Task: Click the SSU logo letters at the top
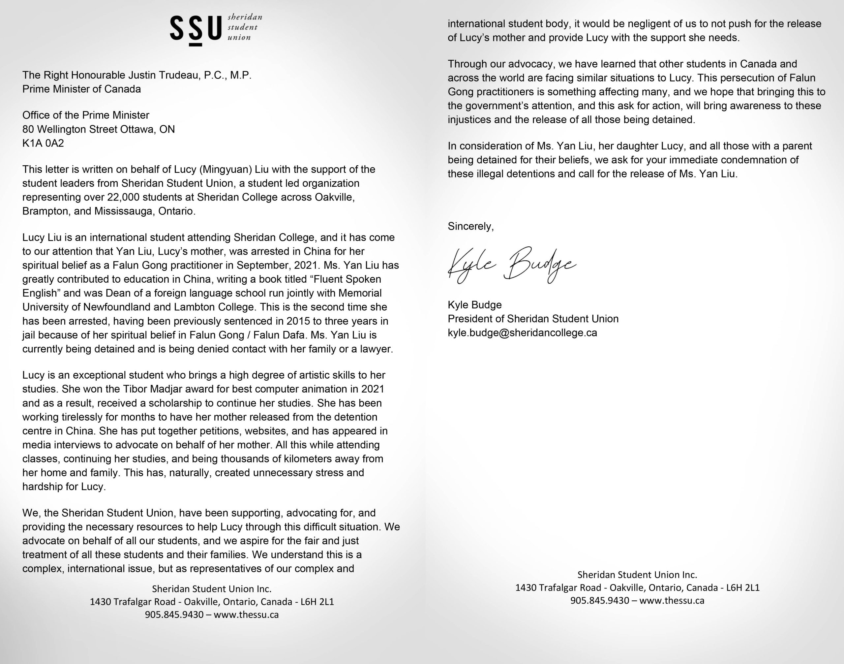196,28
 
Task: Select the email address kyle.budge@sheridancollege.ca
522,333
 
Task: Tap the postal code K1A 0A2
43,143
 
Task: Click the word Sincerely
470,226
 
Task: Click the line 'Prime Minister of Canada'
82,89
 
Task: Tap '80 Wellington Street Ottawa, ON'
98,129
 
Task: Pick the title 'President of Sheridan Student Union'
533,319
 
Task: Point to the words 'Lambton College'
215,307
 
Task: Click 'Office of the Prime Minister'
85,115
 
